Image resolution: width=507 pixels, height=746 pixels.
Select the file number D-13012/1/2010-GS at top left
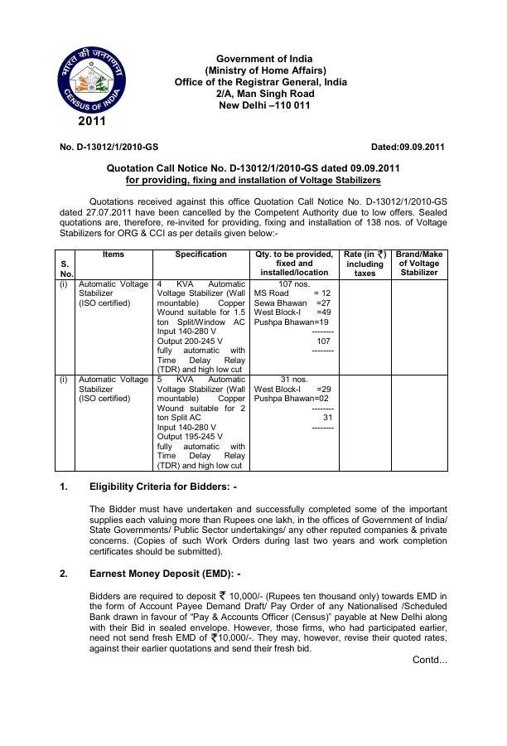pos(109,148)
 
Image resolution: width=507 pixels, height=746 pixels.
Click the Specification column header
pos(201,254)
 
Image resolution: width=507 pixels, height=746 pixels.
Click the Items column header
pos(113,254)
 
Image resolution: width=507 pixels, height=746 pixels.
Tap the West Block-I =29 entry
pos(292,389)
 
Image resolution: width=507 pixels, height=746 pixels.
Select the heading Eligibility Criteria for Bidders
pos(163,487)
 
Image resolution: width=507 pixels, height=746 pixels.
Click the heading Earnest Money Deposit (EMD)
pos(164,573)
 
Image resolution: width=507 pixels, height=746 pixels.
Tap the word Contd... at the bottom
pos(429,660)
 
